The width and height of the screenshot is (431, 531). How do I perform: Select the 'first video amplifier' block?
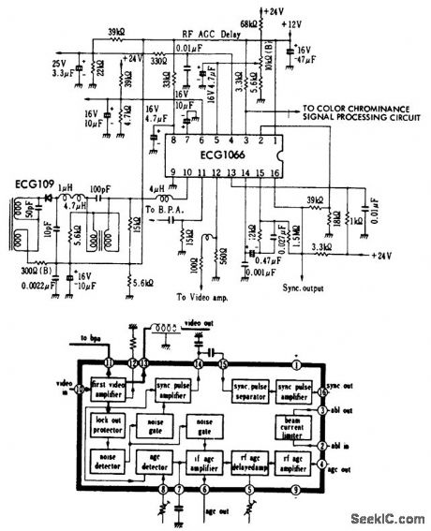pos(110,387)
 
